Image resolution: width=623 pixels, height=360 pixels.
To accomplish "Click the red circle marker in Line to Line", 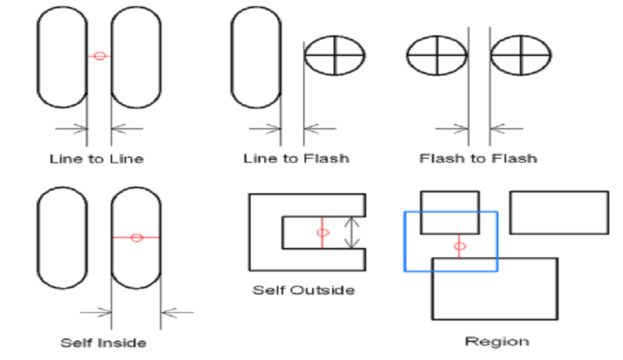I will click(x=99, y=56).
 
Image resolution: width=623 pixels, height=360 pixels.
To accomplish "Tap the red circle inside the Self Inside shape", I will click(x=136, y=237).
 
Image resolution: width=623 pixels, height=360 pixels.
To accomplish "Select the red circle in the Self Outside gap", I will click(x=322, y=233).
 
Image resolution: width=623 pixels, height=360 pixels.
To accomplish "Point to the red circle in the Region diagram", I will click(x=458, y=246).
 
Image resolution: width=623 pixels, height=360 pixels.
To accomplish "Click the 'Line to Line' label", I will click(x=96, y=159).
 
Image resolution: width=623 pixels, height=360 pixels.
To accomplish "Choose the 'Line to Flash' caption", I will click(x=296, y=159).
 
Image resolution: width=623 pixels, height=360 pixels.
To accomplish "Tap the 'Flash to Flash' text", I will click(x=478, y=159).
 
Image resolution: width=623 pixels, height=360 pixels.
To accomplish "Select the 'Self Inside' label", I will click(x=103, y=343).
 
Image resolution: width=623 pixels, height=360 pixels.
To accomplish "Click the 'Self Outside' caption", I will click(x=303, y=289).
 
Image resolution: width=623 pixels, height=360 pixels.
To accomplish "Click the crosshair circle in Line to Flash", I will click(x=335, y=55).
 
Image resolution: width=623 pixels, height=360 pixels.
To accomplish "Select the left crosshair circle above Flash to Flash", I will click(x=437, y=55).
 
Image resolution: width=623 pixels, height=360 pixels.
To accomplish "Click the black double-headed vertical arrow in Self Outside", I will click(x=353, y=233).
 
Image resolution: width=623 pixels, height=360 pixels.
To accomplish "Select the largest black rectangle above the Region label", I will click(x=494, y=305).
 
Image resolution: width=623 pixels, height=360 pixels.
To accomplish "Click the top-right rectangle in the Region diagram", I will click(x=559, y=213).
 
